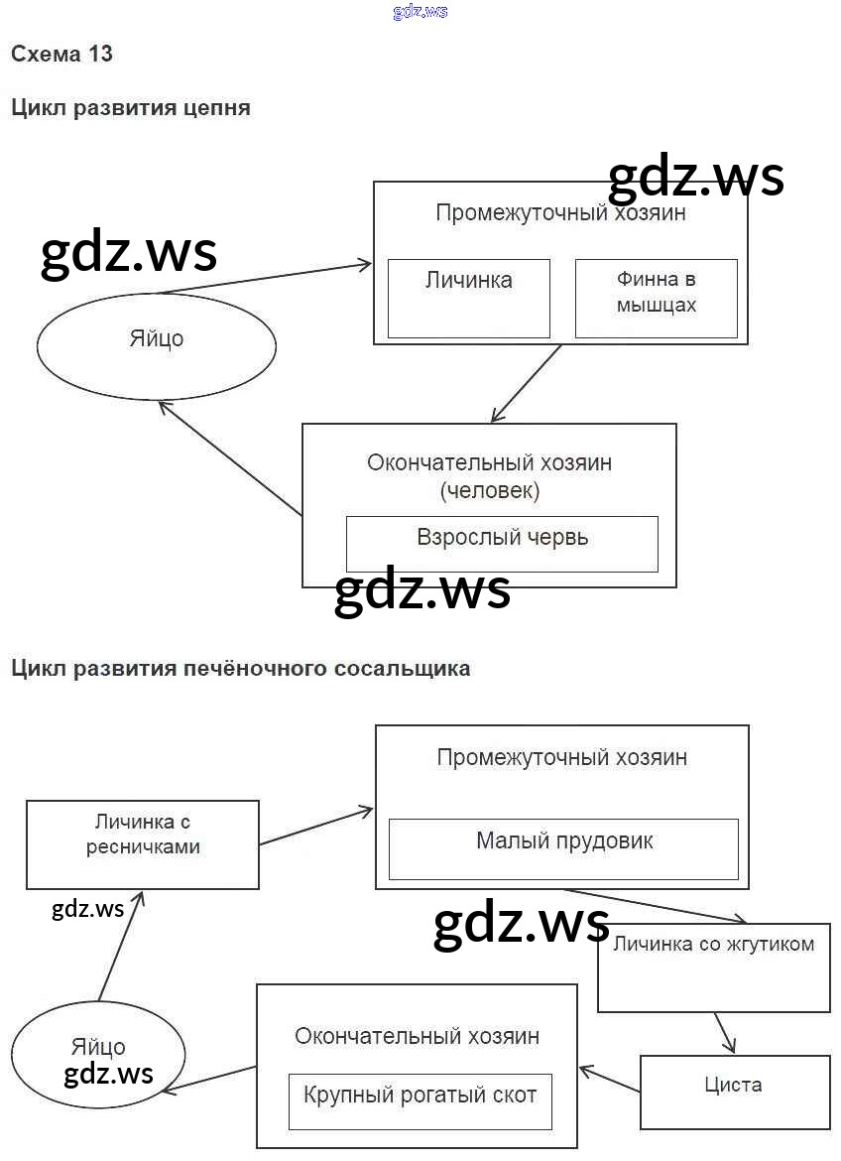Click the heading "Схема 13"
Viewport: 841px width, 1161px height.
pyautogui.click(x=61, y=55)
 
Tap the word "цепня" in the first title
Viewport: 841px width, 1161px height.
pyautogui.click(x=218, y=108)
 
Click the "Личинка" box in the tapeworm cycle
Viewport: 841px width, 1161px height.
pyautogui.click(x=468, y=298)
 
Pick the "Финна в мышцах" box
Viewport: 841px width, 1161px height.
pyautogui.click(x=656, y=298)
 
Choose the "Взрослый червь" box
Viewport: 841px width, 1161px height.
pyautogui.click(x=502, y=544)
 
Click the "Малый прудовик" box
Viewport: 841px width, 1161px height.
pyautogui.click(x=563, y=848)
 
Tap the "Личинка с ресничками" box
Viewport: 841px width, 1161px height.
pyautogui.click(x=143, y=843)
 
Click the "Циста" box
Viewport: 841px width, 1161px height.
pyautogui.click(x=733, y=1092)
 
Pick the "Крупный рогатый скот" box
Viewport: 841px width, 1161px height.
pyautogui.click(x=420, y=1101)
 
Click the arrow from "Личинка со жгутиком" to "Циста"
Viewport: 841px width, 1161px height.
pyautogui.click(x=724, y=1033)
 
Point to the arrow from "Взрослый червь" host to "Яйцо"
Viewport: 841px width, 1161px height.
pyautogui.click(x=230, y=458)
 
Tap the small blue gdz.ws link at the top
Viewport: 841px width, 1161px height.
pyautogui.click(x=420, y=11)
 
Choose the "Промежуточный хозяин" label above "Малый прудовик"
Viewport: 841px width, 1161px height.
pyautogui.click(x=561, y=758)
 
